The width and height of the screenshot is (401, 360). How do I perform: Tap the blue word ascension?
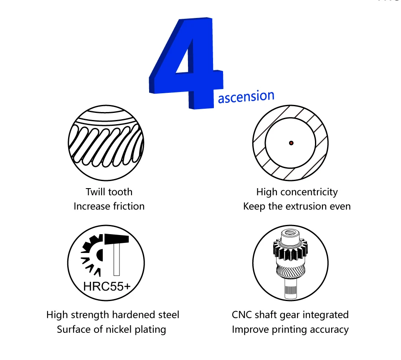point(246,97)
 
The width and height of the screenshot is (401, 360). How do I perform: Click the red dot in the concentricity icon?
point(291,143)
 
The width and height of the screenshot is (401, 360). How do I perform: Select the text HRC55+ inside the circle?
point(107,286)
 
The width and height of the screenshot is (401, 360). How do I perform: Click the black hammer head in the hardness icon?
point(117,239)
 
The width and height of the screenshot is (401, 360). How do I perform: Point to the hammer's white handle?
point(117,259)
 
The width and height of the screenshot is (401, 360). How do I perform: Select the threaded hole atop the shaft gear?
point(290,233)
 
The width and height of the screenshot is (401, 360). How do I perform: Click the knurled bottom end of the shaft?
point(291,289)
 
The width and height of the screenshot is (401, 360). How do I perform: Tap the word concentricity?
point(309,192)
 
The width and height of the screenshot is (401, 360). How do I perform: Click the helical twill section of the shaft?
point(291,271)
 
